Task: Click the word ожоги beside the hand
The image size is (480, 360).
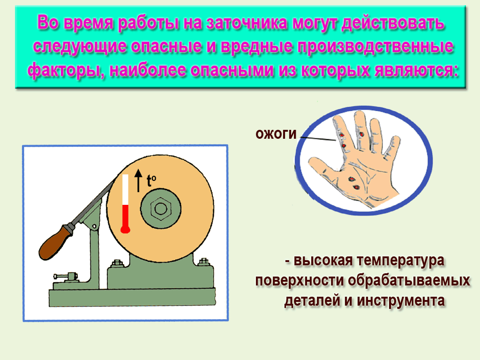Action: (x=276, y=134)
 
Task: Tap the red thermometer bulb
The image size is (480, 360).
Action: (x=126, y=229)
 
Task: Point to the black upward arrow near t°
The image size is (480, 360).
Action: (x=139, y=180)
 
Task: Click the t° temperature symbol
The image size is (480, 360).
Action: (x=151, y=180)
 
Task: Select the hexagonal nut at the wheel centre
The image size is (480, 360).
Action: (x=161, y=209)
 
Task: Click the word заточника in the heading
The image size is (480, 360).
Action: (x=247, y=23)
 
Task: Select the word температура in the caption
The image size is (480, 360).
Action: (x=400, y=261)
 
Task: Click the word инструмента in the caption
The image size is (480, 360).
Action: (x=400, y=300)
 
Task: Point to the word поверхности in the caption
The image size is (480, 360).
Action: (x=299, y=280)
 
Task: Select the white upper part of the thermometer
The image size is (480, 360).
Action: (x=125, y=189)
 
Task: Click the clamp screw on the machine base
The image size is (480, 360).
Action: (x=66, y=277)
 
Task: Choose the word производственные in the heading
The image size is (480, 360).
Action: (x=375, y=47)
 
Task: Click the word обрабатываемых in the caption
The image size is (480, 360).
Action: (x=409, y=280)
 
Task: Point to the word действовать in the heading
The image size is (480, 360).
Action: (x=393, y=23)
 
